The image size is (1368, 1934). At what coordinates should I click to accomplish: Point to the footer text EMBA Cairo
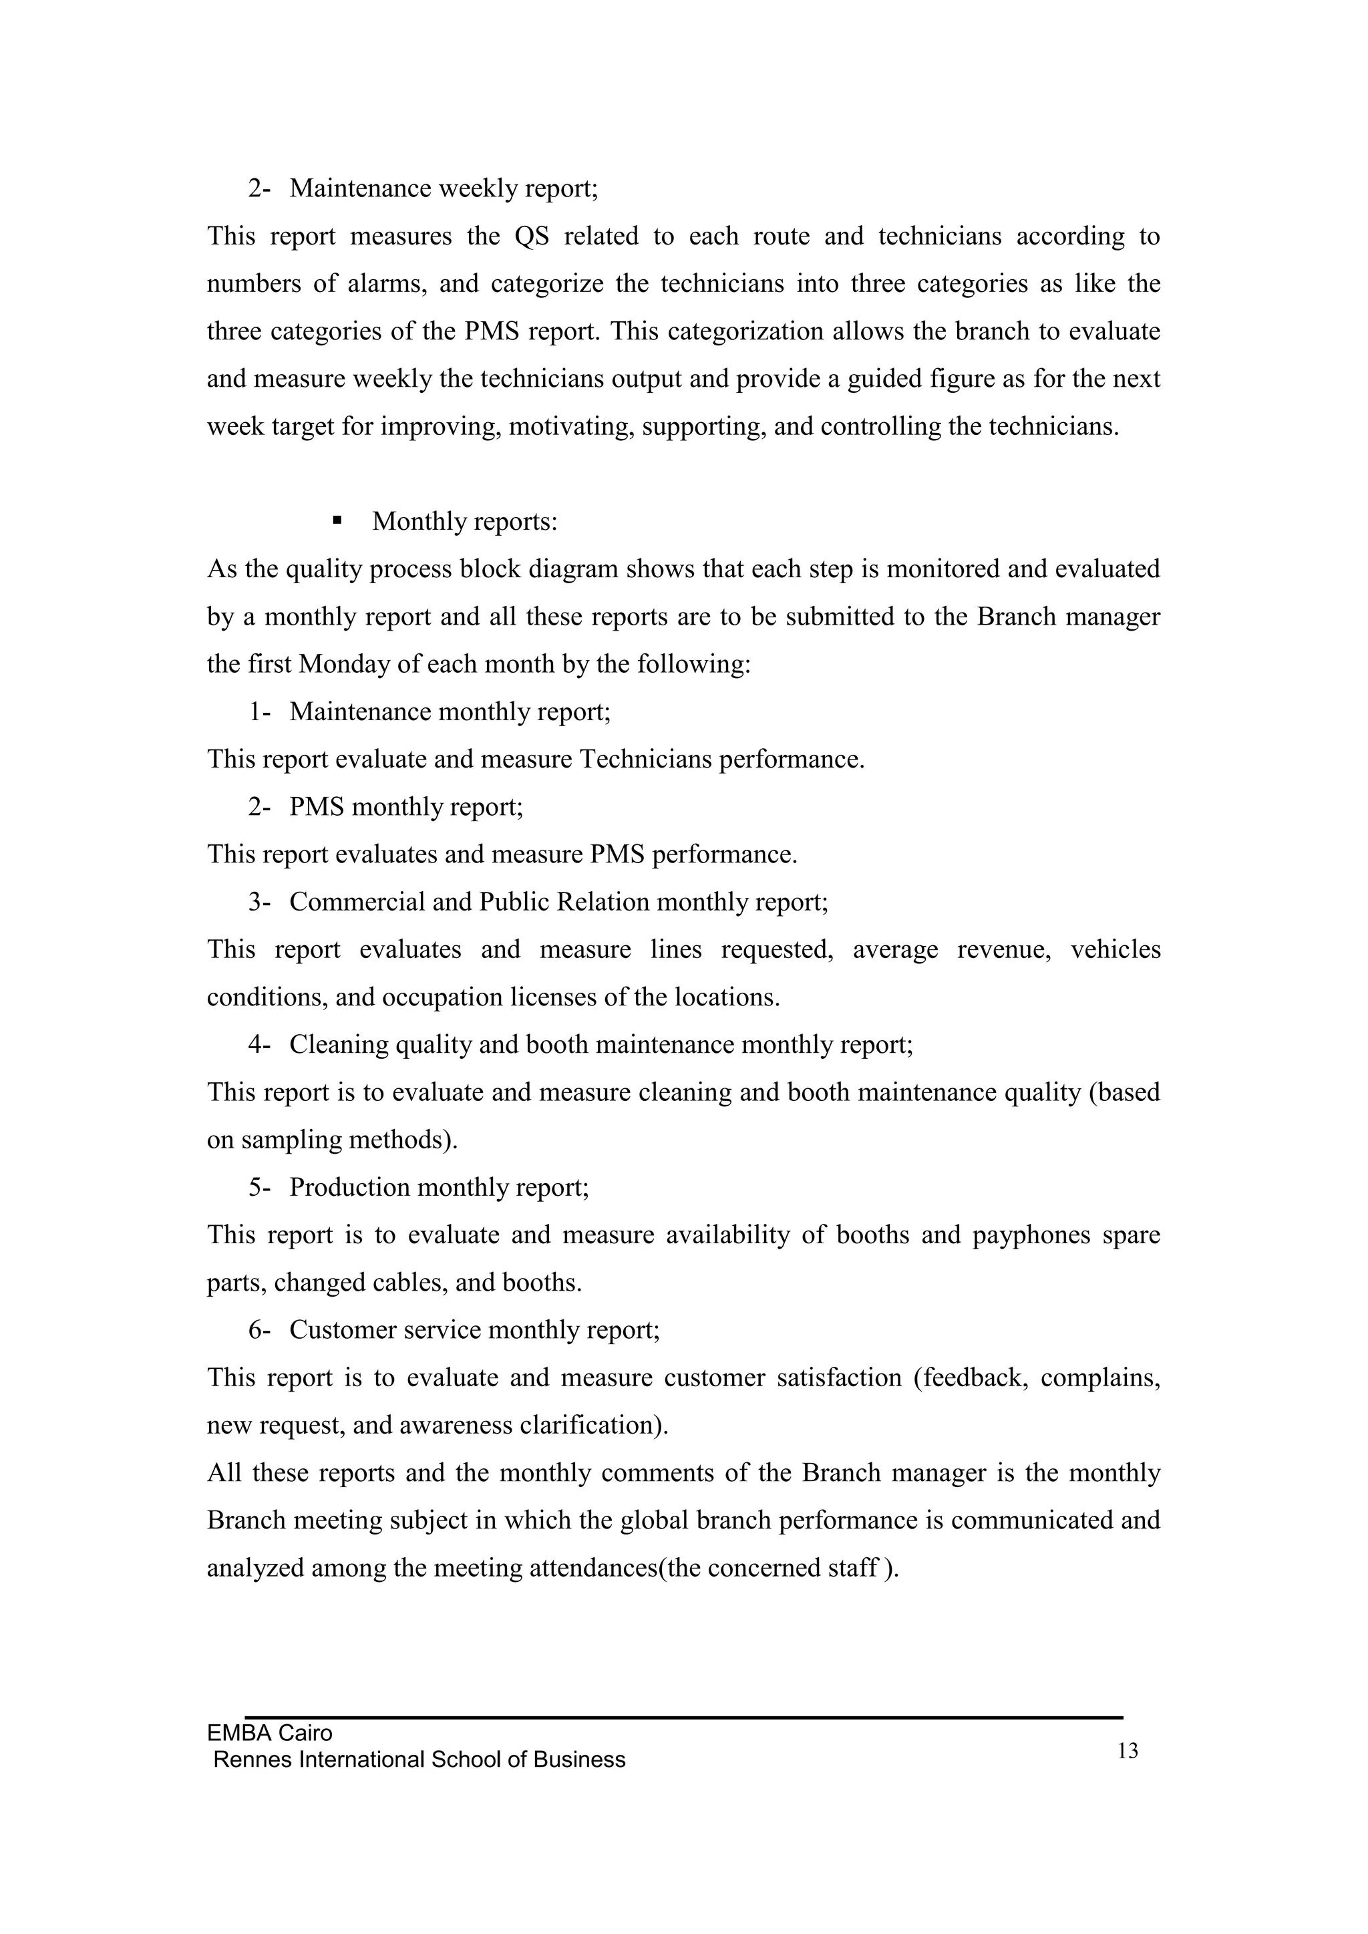coord(270,1734)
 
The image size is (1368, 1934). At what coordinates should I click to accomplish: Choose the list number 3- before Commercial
coord(259,902)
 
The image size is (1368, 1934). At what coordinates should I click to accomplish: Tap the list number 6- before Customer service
coord(259,1330)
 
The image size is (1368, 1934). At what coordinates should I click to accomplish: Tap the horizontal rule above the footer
coord(683,1717)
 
